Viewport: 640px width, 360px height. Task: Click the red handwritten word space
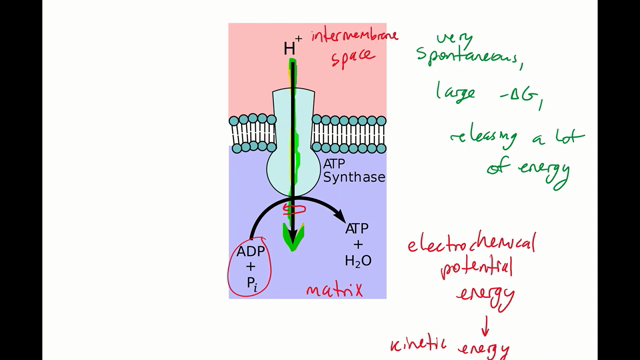[x=352, y=59]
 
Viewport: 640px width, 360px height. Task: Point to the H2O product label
[x=358, y=261]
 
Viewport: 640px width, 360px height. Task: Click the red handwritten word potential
[x=476, y=268]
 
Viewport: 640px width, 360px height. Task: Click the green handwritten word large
[x=453, y=93]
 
